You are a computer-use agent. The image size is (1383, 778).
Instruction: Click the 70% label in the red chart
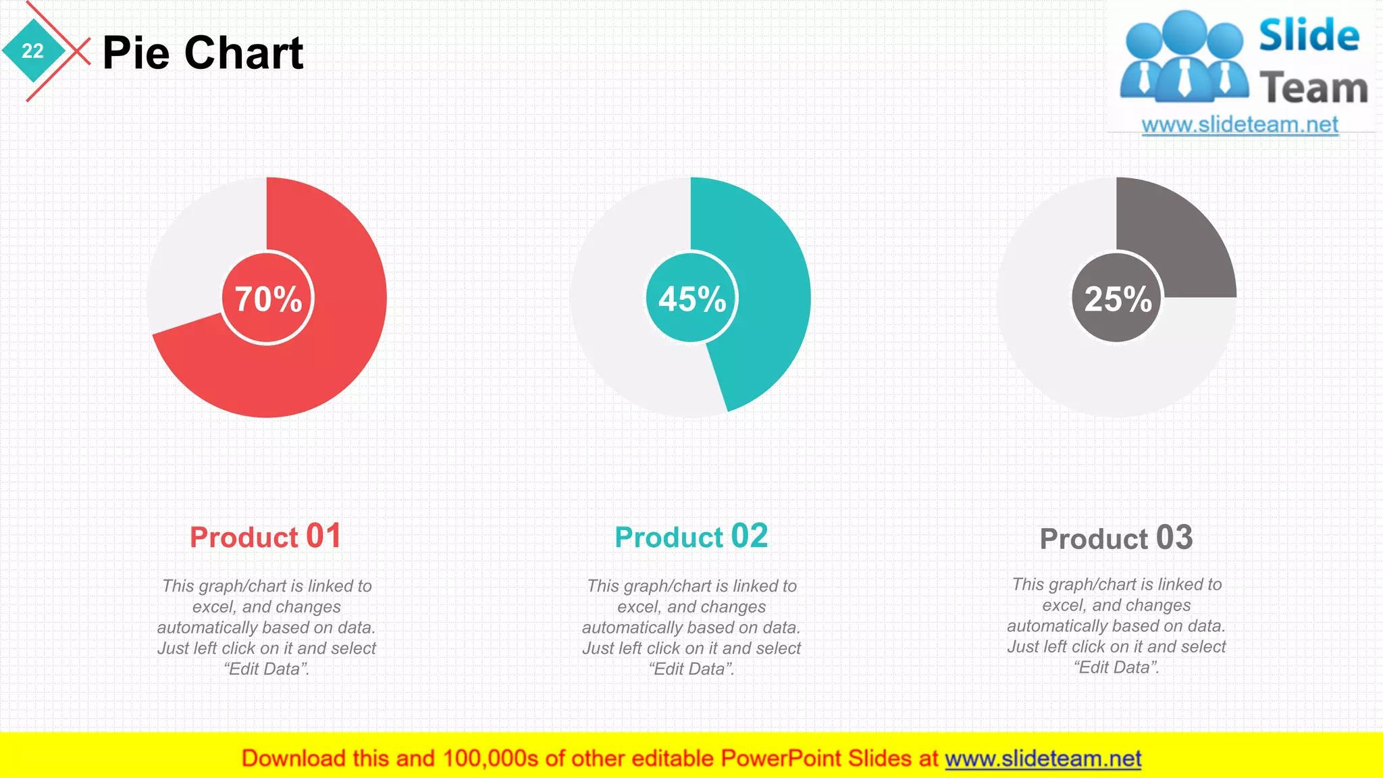[268, 299]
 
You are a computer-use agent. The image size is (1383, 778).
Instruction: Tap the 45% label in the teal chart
[692, 299]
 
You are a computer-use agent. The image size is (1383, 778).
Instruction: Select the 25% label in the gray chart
[1118, 299]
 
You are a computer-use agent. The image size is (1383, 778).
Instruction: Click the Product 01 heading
[265, 537]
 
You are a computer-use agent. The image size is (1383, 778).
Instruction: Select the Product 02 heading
[691, 537]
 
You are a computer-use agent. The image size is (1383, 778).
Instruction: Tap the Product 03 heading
[1116, 538]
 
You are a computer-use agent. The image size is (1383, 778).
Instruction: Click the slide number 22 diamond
[32, 51]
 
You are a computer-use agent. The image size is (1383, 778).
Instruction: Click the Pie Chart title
[203, 53]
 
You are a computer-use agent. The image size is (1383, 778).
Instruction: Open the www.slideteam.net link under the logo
[1240, 125]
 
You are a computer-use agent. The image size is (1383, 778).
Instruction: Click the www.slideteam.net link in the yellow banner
[1043, 758]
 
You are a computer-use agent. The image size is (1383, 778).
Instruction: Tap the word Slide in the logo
[1309, 35]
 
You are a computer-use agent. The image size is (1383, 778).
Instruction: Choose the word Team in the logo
[1313, 88]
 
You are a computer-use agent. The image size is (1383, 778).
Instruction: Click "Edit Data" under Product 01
[266, 669]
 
